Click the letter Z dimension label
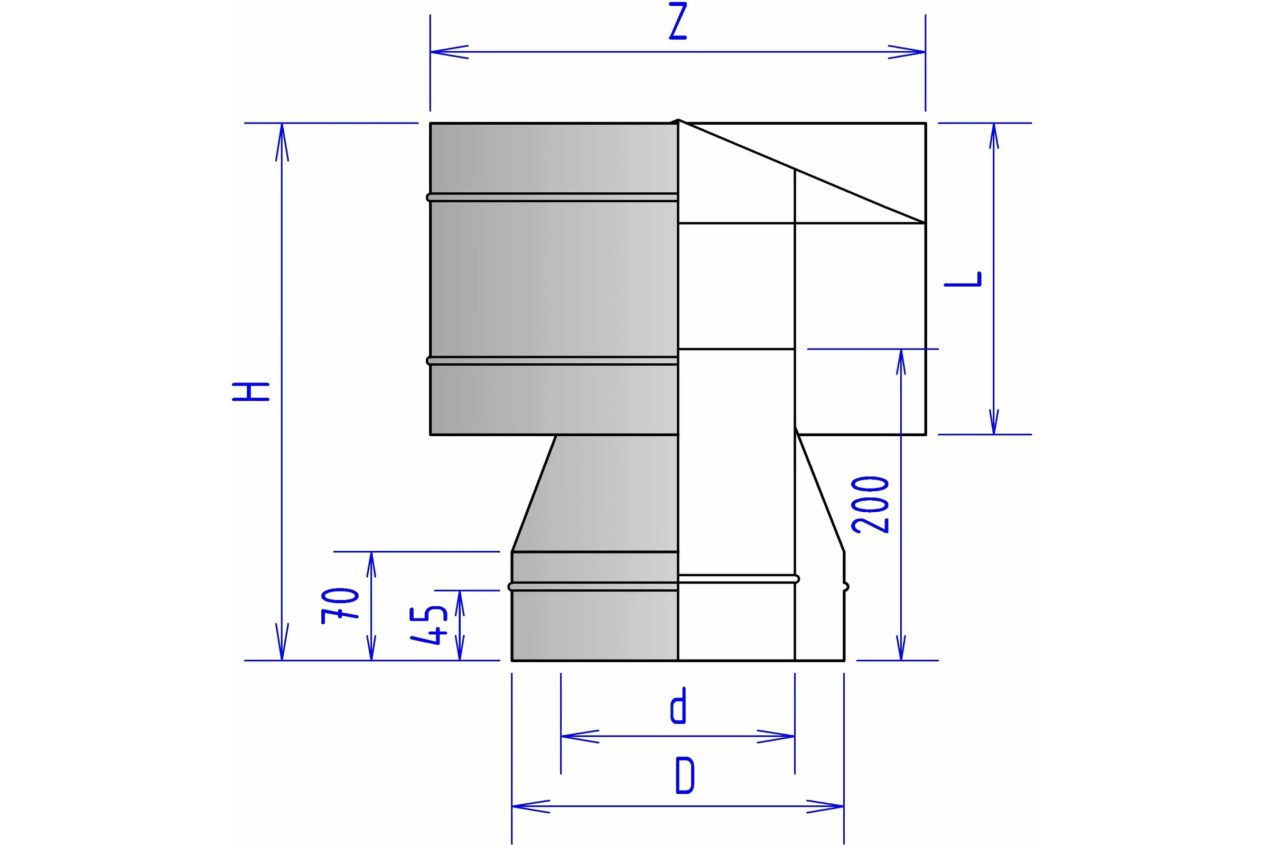[678, 21]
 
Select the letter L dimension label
[963, 279]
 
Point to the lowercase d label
[678, 706]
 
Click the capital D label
[685, 775]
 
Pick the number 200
[870, 505]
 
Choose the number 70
[340, 606]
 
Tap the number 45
[428, 625]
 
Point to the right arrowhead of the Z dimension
[907, 52]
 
